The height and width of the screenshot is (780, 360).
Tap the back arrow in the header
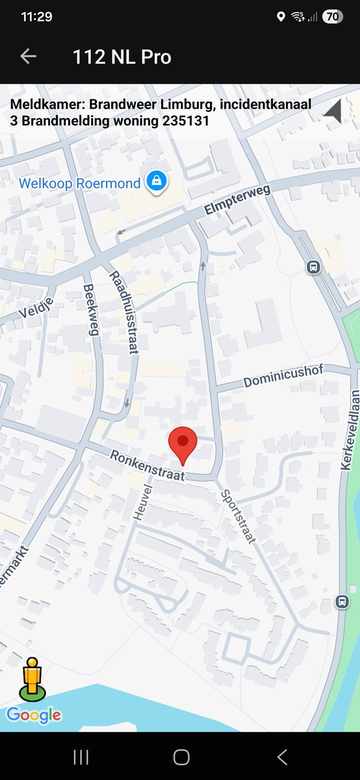click(28, 57)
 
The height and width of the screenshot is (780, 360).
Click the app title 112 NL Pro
click(122, 57)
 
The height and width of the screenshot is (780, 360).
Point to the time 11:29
click(36, 17)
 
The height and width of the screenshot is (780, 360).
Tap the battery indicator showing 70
click(332, 17)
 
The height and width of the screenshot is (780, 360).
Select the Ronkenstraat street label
click(147, 466)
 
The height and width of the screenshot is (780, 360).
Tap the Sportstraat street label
click(238, 516)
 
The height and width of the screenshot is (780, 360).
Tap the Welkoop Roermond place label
click(79, 183)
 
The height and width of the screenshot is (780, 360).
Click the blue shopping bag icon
click(157, 182)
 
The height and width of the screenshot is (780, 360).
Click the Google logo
click(34, 716)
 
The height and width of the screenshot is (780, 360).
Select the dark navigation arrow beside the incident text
click(333, 111)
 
